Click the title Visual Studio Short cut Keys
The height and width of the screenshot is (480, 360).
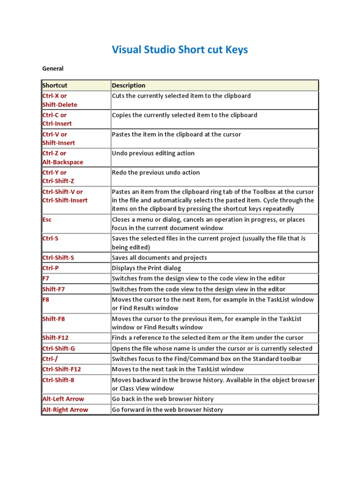coord(180,50)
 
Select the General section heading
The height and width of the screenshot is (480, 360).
coord(52,68)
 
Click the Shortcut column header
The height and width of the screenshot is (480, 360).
coord(55,85)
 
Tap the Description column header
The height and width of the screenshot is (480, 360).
coord(128,85)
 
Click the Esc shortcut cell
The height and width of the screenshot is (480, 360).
coord(47,219)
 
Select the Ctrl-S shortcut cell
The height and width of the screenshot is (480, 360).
coord(50,239)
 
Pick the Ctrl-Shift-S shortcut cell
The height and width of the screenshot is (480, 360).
coord(59,258)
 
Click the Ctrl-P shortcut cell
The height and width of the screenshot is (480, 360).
coord(51,268)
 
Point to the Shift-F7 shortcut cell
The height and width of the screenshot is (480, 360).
coord(53,289)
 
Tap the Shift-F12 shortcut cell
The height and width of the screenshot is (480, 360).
coord(55,337)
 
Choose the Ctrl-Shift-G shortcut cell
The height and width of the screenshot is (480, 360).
coord(59,348)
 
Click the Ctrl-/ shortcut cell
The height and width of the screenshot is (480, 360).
coord(50,359)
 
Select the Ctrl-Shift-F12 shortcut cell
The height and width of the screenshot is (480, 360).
coord(61,369)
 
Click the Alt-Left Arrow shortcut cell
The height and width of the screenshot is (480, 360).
coord(63,399)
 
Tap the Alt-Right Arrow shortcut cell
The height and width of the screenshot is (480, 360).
coord(65,410)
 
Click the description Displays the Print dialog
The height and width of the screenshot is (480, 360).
coord(146,268)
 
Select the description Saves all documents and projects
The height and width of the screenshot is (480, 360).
coord(159,258)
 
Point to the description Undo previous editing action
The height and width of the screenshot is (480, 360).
coord(153,153)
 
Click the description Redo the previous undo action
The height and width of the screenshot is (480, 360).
coord(156,172)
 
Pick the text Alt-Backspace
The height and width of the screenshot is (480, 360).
coord(63,162)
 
